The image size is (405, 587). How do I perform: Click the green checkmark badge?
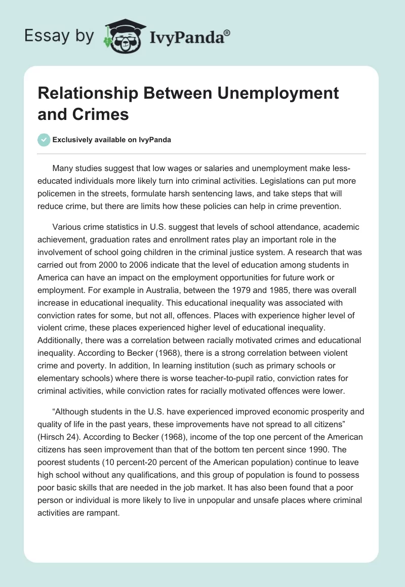click(45, 140)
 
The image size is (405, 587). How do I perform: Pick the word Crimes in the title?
click(104, 114)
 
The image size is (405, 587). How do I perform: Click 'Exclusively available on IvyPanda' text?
click(112, 140)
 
